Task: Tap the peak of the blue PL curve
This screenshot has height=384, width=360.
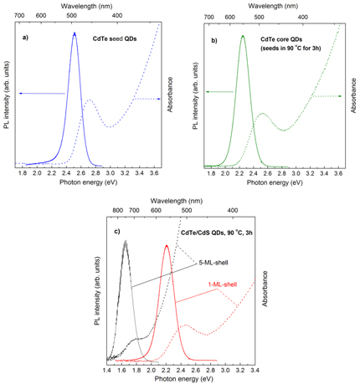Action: tap(75, 33)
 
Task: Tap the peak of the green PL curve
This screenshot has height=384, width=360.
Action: tap(243, 36)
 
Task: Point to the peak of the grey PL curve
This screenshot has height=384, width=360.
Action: tap(126, 242)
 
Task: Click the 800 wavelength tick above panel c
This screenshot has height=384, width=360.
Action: tap(120, 212)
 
